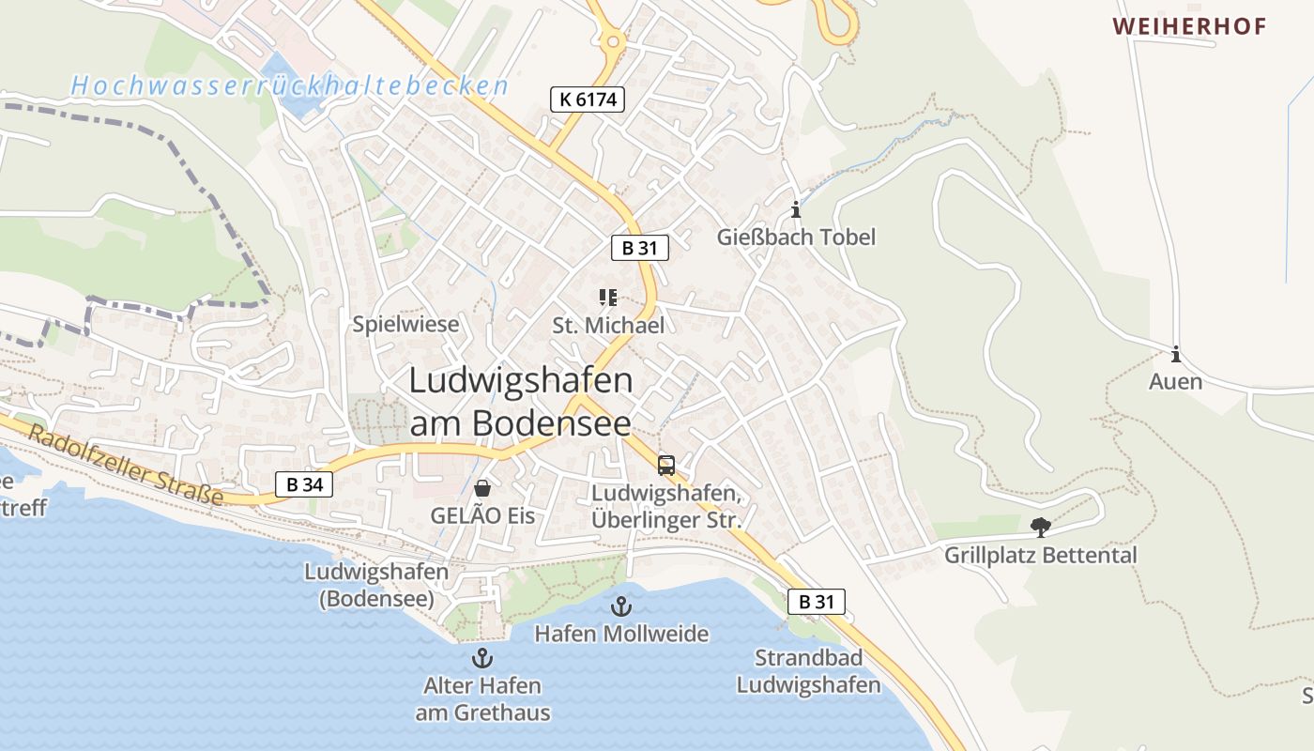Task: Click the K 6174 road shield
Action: [x=588, y=99]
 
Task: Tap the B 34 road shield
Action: [x=304, y=484]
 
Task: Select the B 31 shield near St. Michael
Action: [x=640, y=248]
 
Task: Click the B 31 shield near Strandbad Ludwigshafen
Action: [x=816, y=602]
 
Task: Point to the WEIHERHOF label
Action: [x=1190, y=26]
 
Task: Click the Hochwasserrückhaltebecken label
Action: [x=290, y=86]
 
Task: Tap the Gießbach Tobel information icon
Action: [x=796, y=209]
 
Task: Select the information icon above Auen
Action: [x=1175, y=355]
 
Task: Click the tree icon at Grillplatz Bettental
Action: [x=1040, y=527]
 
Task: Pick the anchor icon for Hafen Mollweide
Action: [x=620, y=606]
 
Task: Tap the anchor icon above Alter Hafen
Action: [x=482, y=657]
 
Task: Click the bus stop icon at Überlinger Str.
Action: [x=666, y=465]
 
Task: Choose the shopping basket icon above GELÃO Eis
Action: [x=482, y=488]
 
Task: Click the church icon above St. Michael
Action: [x=608, y=298]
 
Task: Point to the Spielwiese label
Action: [x=406, y=325]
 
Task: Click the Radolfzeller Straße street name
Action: [x=126, y=466]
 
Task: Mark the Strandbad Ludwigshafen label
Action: [x=808, y=671]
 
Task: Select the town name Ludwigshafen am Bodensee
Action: [x=521, y=401]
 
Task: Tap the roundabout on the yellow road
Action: [x=612, y=40]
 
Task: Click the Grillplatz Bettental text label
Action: [x=1040, y=555]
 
